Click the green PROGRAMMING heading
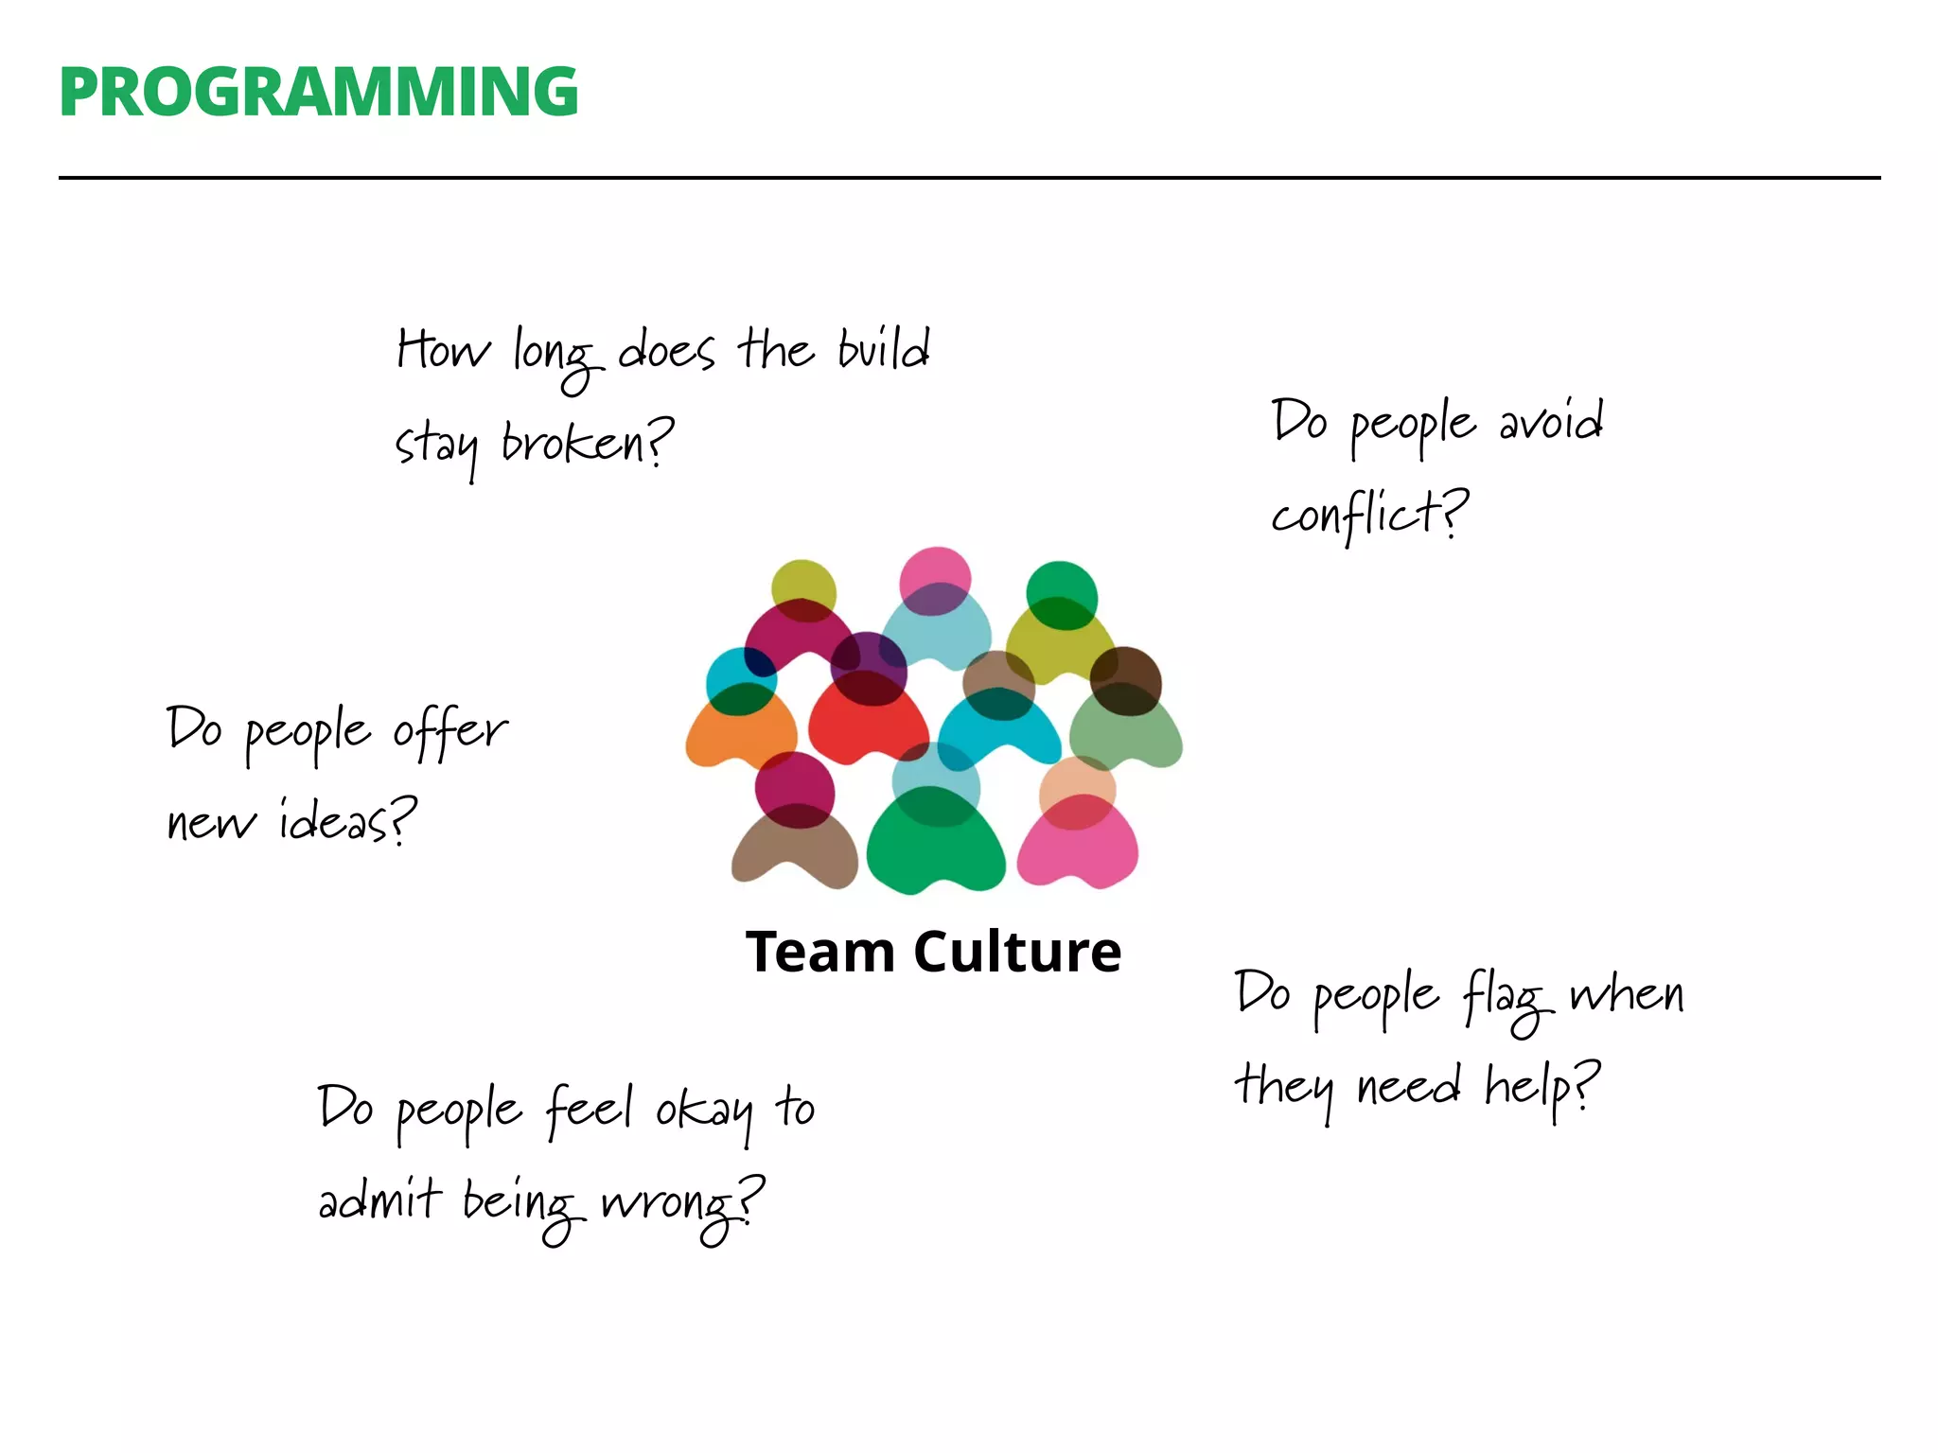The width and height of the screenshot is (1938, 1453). (318, 92)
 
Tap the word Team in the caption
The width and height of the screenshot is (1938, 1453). (819, 952)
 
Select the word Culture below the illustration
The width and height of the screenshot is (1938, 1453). (1017, 952)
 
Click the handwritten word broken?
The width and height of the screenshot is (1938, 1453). (587, 443)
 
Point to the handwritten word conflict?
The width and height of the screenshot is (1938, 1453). (1369, 516)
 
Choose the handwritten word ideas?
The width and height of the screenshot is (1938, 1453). (347, 821)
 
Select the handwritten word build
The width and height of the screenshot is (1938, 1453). (884, 350)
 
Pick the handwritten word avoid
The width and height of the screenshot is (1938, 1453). (1552, 422)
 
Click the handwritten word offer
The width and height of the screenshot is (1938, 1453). (450, 730)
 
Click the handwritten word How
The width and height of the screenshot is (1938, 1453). (443, 350)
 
